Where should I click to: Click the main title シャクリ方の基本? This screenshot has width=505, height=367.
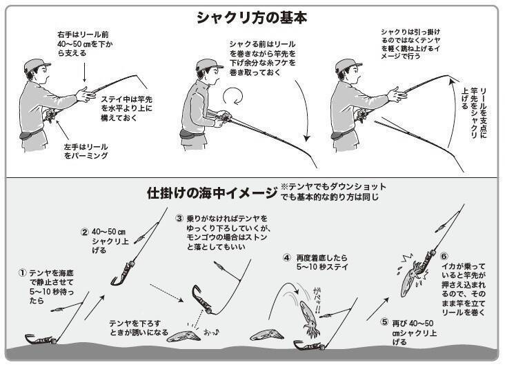pos(253,17)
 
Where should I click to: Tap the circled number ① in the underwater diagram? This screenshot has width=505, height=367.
pos(22,273)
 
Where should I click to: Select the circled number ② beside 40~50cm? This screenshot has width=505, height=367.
pos(85,232)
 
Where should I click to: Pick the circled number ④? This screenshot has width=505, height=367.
pos(286,259)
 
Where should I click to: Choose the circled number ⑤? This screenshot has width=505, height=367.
pos(385,321)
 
